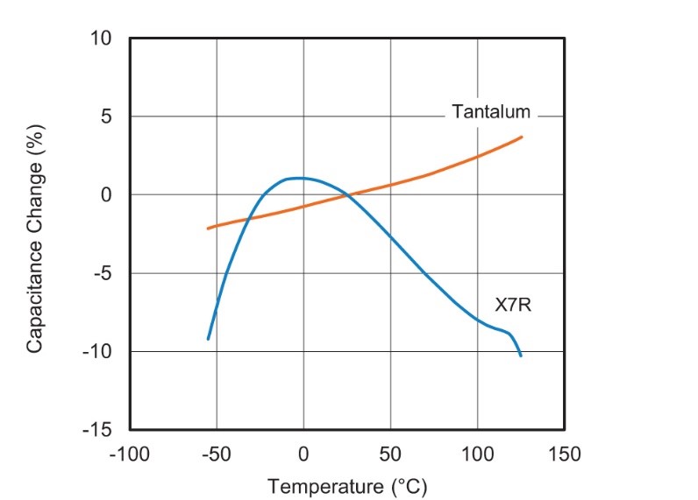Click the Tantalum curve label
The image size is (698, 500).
[x=491, y=112]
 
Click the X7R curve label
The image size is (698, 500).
[x=513, y=306]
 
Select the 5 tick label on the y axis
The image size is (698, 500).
[x=107, y=116]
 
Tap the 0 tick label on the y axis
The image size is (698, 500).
[x=107, y=195]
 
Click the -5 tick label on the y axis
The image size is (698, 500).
[x=103, y=273]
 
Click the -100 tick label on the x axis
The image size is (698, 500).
[x=128, y=454]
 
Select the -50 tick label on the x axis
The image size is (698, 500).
[x=216, y=454]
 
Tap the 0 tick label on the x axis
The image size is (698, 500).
[x=303, y=454]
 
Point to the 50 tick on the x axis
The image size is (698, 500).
[x=390, y=454]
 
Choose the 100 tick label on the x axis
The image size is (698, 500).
[x=477, y=454]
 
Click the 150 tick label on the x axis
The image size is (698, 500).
[x=564, y=454]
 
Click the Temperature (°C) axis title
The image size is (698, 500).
[x=347, y=485]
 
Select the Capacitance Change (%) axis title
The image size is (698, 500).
[x=34, y=237]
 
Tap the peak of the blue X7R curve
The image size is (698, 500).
[x=298, y=178]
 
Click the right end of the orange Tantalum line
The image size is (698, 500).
[x=522, y=137]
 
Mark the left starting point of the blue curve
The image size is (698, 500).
[x=208, y=339]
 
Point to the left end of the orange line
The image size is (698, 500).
[x=208, y=228]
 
